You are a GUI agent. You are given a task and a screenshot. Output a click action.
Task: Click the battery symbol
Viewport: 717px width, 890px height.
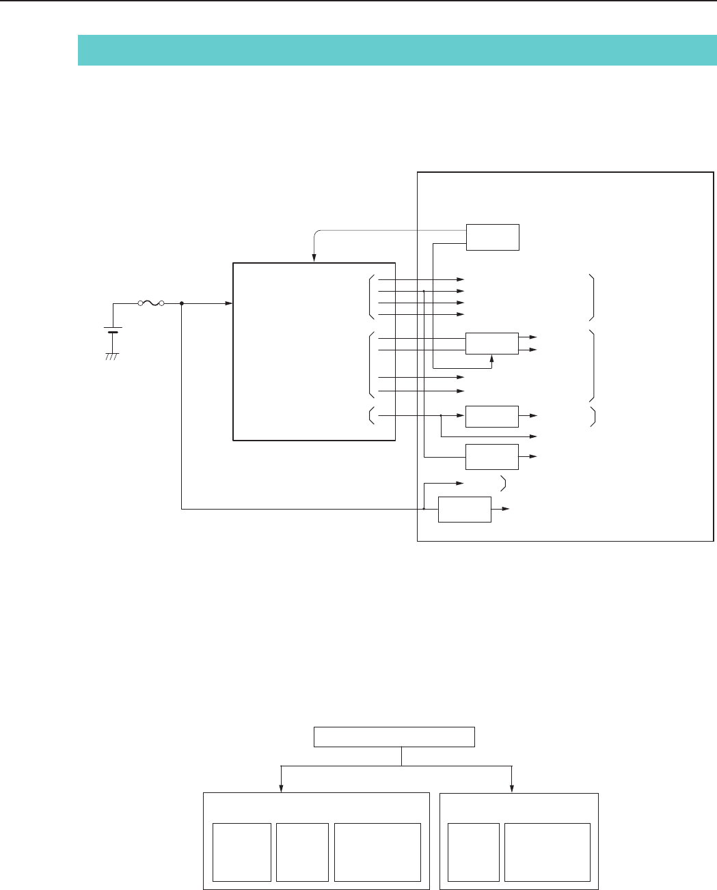[x=112, y=331]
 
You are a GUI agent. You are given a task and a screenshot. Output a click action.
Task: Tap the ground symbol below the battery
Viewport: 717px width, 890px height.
[x=112, y=356]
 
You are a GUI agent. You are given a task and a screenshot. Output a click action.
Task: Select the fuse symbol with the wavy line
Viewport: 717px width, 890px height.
[x=150, y=303]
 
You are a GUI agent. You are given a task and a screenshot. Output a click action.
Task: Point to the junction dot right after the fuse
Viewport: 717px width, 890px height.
[x=181, y=303]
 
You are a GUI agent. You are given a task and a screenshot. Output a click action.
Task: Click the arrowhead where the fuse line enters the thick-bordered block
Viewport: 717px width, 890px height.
[x=229, y=303]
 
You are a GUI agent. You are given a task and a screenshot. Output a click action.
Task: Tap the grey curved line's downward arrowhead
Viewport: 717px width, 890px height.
[x=314, y=258]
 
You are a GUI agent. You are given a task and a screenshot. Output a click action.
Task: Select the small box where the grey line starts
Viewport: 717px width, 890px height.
[x=492, y=236]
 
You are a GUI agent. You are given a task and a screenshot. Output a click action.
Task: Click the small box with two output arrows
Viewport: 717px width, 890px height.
[x=491, y=344]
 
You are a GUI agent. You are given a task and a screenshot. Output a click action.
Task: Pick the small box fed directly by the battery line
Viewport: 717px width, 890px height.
[x=464, y=509]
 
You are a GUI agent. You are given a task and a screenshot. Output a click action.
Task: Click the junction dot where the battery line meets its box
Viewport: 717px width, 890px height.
[x=424, y=509]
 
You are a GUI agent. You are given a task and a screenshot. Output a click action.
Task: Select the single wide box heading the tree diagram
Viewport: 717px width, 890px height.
[x=394, y=737]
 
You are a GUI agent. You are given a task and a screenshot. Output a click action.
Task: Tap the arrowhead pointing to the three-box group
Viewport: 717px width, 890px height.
[x=281, y=788]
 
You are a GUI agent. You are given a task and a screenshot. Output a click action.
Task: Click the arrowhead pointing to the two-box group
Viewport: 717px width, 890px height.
[x=512, y=788]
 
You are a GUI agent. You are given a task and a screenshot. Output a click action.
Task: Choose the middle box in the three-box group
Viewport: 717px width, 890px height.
[x=302, y=852]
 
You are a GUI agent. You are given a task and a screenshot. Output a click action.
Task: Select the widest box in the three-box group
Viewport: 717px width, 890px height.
[x=377, y=852]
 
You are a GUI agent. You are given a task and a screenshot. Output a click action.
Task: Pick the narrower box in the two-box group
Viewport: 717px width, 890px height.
[x=473, y=852]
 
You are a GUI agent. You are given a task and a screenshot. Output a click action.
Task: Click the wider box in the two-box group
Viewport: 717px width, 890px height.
[x=547, y=852]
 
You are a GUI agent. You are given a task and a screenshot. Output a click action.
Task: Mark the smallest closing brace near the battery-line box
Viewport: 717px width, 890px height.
[x=504, y=484]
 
